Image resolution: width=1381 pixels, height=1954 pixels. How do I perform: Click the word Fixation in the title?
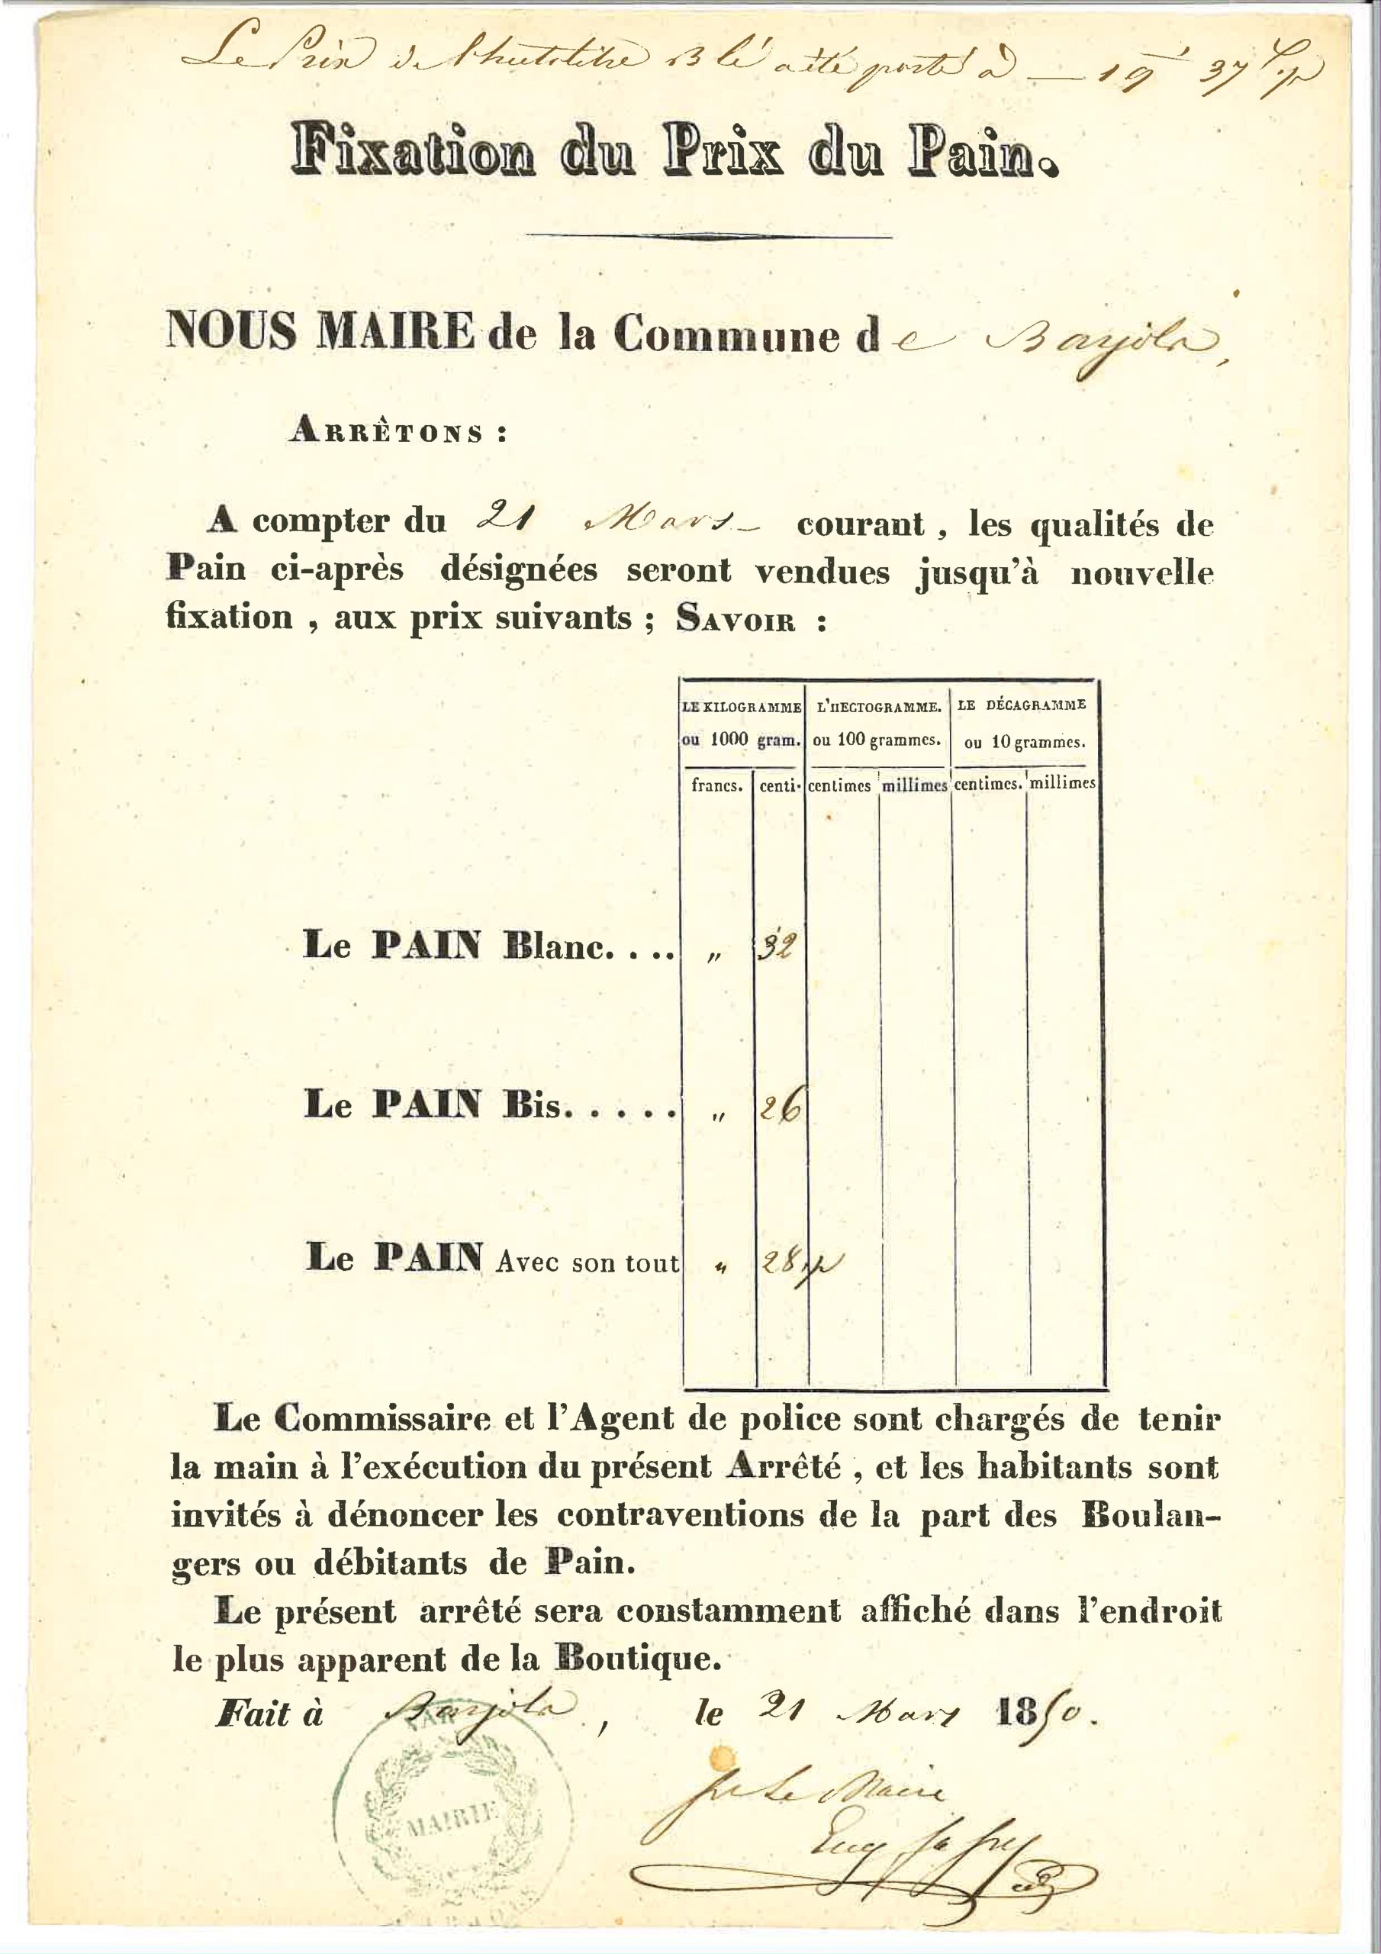[414, 150]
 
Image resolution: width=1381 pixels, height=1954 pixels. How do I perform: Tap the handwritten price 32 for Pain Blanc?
[777, 946]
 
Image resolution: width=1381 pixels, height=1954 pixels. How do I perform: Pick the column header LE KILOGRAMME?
[742, 706]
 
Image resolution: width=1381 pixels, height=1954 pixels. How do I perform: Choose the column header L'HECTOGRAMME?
[878, 706]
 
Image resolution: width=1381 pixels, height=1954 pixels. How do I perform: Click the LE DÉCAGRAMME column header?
[1021, 705]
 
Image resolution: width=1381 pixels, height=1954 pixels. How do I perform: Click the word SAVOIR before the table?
[736, 620]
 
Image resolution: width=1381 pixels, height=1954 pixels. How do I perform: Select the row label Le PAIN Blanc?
[488, 946]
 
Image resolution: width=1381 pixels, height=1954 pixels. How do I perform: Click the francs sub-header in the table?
[717, 785]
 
